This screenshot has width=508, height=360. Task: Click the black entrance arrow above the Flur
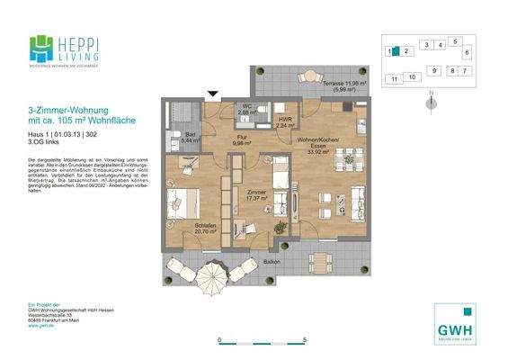pyautogui.click(x=213, y=94)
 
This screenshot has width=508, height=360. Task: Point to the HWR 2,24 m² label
pyautogui.click(x=286, y=123)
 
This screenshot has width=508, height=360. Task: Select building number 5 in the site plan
pyautogui.click(x=455, y=41)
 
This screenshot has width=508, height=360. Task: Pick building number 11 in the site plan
pyautogui.click(x=394, y=79)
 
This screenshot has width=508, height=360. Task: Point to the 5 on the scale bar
pyautogui.click(x=306, y=340)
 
